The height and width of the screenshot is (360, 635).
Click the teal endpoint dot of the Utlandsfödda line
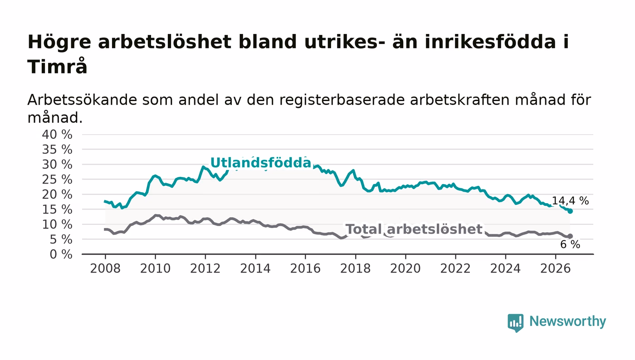570,211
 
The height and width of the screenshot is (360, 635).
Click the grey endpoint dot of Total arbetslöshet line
570,236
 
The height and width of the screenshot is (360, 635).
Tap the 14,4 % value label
570,201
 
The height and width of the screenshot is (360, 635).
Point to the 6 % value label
570,244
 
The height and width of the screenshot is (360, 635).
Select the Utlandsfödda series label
261,163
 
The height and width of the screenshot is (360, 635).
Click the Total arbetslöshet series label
414,229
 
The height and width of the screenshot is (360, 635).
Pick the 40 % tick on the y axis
57,135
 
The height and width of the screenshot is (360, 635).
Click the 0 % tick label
61,254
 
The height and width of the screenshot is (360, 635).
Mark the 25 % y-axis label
57,180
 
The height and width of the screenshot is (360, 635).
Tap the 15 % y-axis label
57,209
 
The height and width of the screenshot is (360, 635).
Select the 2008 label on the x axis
105,268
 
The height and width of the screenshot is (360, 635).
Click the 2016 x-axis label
305,268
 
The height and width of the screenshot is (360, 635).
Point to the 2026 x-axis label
555,268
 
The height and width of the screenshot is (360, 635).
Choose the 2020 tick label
405,268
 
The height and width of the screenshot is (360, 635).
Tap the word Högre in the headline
59,43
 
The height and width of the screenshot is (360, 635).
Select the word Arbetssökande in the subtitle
82,100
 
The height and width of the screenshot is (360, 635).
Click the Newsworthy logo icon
515,322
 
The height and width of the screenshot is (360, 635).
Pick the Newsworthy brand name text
568,322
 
